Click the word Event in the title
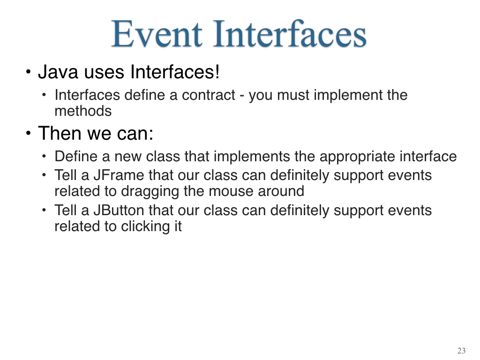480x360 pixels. pos(157,34)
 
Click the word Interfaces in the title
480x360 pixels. pos(290,33)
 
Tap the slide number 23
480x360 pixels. pos(461,351)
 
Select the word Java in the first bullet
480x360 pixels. pos(58,72)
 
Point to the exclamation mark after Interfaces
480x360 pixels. pos(217,72)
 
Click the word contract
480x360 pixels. pos(209,95)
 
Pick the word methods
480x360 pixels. pos(83,111)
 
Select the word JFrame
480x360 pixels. pos(119,175)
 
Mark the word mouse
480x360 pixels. pos(231,191)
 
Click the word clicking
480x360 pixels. pos(145,227)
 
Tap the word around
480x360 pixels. pos(281,191)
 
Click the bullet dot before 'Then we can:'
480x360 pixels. pos(28,134)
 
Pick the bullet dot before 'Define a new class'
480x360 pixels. pos(44,157)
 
